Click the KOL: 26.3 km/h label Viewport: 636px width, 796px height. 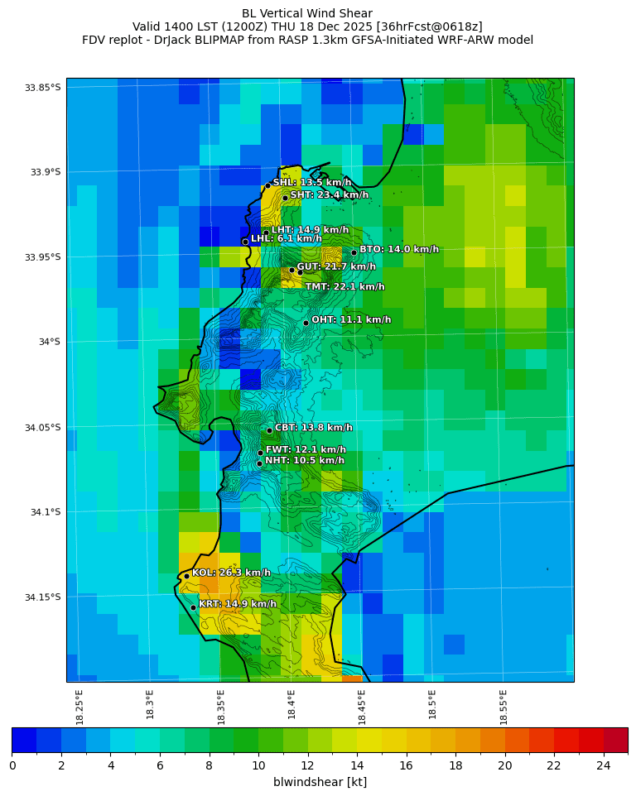[x=231, y=573]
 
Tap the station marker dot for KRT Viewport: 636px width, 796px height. [x=193, y=607]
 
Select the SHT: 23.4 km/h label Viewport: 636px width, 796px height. [x=329, y=195]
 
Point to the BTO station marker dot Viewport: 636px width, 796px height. [x=354, y=252]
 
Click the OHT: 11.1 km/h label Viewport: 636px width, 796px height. [x=351, y=320]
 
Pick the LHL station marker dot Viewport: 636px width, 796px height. [x=245, y=242]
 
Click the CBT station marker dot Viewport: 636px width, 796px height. [x=269, y=430]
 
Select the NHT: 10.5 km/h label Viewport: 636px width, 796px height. [x=304, y=461]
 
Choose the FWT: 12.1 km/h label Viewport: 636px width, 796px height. [x=306, y=450]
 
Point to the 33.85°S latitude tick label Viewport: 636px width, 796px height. [x=42, y=88]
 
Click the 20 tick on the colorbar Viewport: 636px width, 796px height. [x=504, y=765]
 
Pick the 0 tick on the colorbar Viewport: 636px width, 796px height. [x=12, y=765]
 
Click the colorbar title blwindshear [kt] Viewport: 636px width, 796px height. [x=320, y=782]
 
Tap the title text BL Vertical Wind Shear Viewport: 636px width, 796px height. [x=307, y=13]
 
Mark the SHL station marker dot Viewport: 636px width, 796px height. [x=267, y=185]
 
